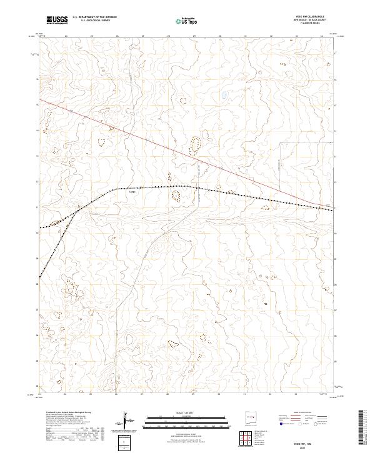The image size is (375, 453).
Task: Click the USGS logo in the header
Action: [58, 21]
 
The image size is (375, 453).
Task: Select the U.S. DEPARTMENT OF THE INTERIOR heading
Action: [94, 17]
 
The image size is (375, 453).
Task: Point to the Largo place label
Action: [132, 192]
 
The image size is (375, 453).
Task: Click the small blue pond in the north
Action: [223, 96]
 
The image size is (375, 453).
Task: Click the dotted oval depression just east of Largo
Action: [176, 197]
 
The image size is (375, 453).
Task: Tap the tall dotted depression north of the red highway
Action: [196, 146]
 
